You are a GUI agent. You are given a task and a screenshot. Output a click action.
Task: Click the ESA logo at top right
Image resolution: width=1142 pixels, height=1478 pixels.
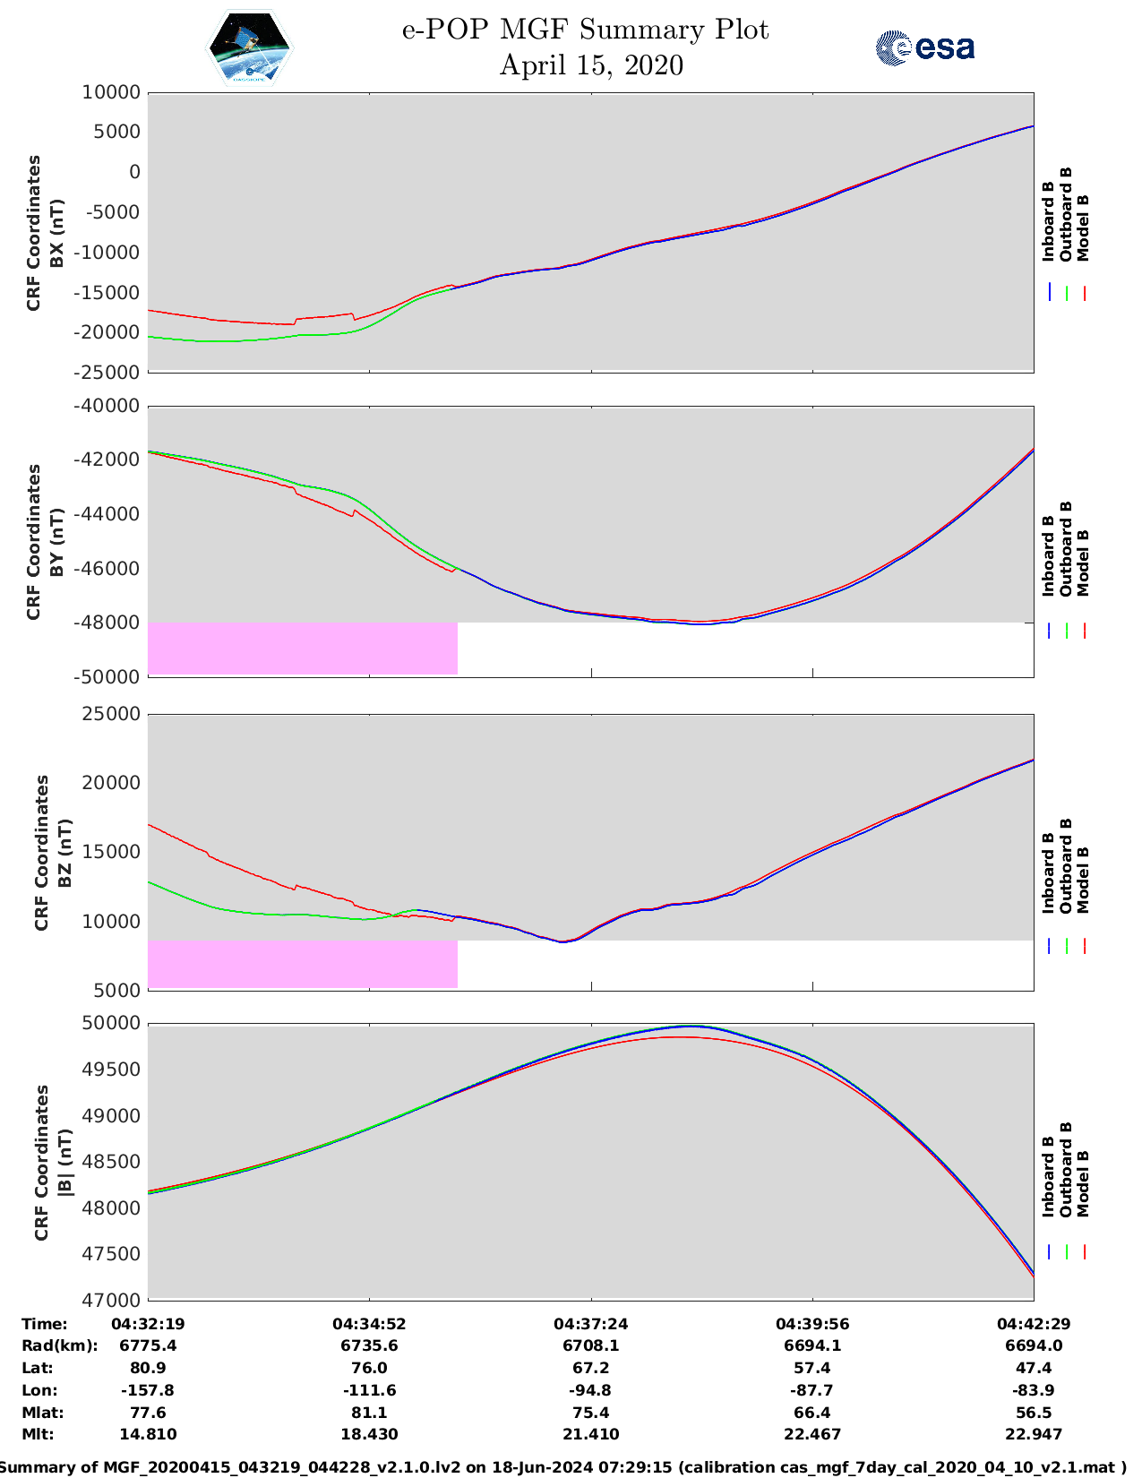pos(924,47)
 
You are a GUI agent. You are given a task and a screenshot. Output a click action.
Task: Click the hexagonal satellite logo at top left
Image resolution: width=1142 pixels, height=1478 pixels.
pos(250,48)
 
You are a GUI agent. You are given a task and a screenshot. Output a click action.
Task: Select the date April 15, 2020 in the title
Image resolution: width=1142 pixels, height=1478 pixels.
pos(590,65)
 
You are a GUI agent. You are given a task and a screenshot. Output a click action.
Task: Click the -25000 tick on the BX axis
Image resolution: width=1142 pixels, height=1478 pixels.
pos(110,373)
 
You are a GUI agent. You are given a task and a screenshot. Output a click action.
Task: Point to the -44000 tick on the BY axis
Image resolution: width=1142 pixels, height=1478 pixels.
pos(110,514)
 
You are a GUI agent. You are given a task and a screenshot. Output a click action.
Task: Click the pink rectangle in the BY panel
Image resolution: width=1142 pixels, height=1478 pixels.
pos(303,649)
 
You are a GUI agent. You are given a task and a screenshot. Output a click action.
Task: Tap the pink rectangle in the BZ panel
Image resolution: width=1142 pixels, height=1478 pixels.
pos(303,964)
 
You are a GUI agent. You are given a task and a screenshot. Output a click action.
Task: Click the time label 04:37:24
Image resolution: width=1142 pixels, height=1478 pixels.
pos(590,1324)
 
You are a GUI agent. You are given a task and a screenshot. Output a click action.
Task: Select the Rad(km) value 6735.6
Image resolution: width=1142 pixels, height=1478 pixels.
pos(369,1345)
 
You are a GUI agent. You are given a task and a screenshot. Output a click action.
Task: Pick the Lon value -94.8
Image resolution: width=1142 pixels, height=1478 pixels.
pos(590,1390)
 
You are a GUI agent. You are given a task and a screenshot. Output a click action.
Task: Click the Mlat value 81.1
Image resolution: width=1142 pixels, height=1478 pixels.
pos(369,1413)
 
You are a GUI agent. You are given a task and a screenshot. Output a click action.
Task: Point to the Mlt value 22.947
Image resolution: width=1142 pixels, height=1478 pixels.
pos(1034,1434)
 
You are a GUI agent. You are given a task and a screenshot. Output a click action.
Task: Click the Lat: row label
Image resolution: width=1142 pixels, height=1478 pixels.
pos(38,1368)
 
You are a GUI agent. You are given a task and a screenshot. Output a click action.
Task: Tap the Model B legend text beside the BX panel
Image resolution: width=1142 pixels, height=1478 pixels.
pos(1083,228)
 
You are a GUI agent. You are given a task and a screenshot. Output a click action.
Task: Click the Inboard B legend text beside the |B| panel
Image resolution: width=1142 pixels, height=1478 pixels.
pos(1048,1176)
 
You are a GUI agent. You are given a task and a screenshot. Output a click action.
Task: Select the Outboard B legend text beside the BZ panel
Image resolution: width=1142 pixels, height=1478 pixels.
pos(1066,865)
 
